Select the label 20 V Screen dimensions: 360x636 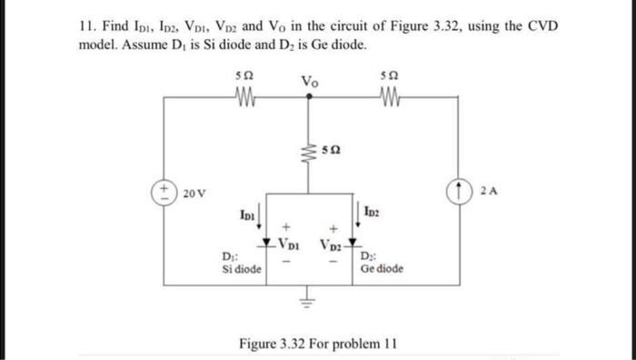(x=194, y=193)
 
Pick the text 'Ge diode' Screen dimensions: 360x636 (x=381, y=269)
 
